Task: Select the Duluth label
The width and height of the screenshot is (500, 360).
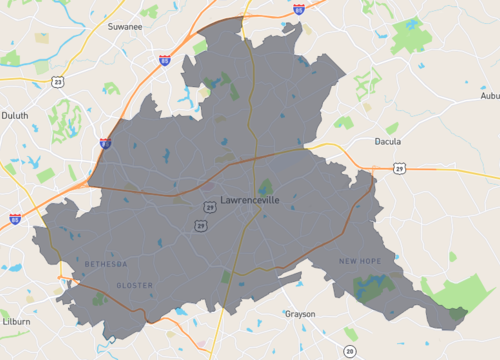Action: pos(15,115)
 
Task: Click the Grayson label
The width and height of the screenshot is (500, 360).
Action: pos(300,314)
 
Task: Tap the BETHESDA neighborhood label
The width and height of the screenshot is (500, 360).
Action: pos(106,264)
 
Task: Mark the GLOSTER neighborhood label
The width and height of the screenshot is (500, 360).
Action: pos(135,285)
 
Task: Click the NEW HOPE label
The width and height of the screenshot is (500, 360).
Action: pos(360,261)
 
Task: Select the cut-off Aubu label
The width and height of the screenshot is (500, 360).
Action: pos(489,96)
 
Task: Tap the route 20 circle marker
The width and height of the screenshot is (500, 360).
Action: pos(349,351)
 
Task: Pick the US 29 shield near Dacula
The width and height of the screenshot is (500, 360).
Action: pos(399,169)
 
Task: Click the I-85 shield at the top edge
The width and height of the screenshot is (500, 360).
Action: pos(299,8)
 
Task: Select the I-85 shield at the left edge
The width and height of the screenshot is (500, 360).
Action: pos(15,217)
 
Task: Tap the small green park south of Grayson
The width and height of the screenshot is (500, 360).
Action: pos(350,332)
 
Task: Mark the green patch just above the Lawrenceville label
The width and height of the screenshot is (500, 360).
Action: pos(265,186)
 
